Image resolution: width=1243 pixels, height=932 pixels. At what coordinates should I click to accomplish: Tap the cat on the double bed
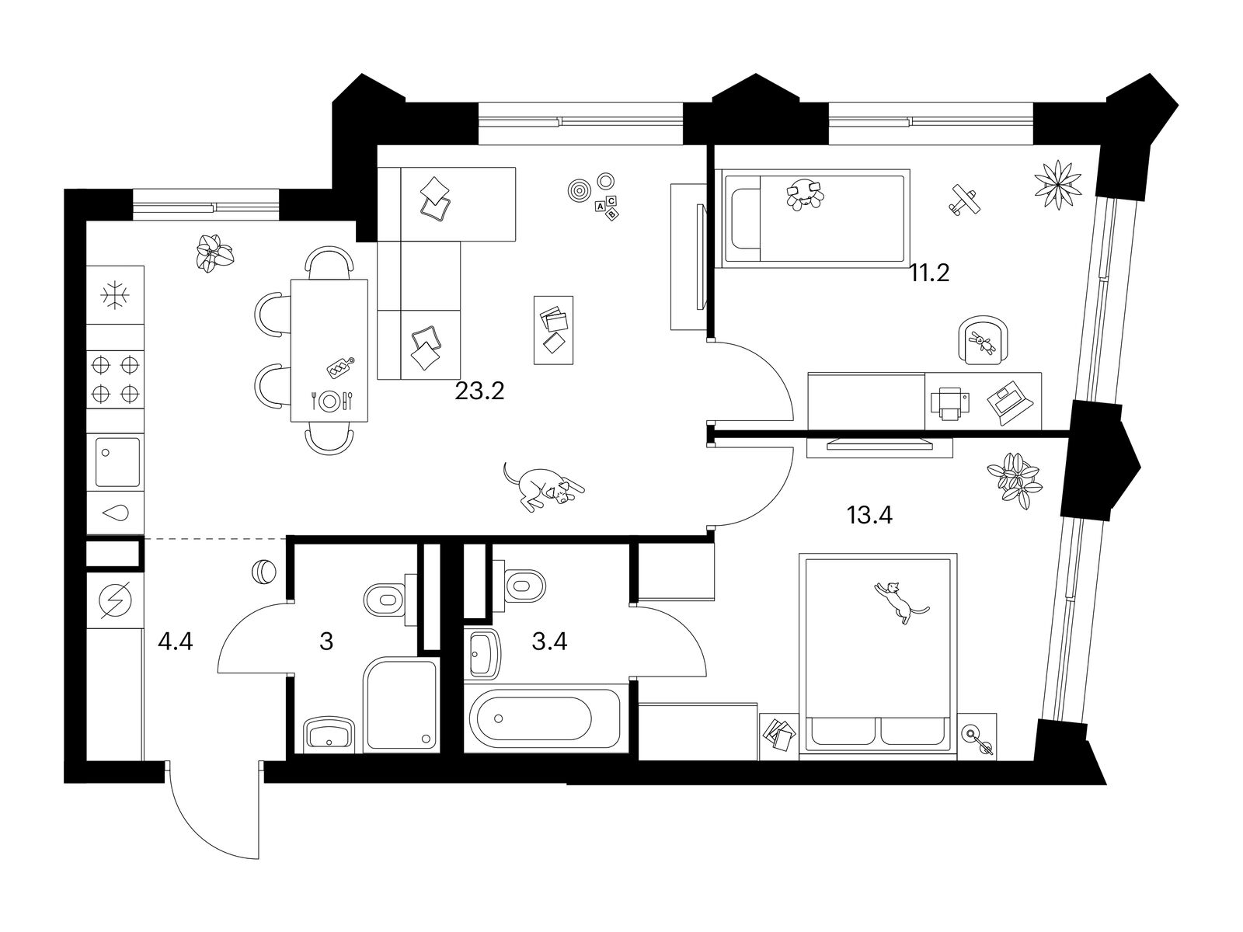coord(900,602)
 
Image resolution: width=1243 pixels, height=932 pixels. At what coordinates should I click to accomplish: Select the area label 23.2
coord(479,391)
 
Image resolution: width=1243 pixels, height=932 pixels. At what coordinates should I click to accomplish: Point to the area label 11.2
coord(929,274)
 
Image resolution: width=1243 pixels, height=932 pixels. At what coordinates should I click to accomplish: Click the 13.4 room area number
coord(869,516)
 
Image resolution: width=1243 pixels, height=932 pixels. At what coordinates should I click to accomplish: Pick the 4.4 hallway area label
coord(176,642)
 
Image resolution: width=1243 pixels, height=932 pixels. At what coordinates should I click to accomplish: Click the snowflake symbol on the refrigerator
coord(115,295)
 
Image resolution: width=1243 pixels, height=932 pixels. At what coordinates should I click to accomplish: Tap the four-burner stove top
coord(115,379)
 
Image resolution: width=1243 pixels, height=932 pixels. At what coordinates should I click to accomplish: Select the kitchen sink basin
coord(117,462)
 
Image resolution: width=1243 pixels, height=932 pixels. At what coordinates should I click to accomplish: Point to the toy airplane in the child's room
coord(965,200)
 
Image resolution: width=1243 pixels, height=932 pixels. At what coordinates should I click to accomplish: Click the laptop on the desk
coord(1010,403)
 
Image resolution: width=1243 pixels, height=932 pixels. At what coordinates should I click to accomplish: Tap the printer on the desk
coord(949,403)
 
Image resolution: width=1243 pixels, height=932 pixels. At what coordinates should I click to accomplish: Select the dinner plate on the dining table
coord(329,402)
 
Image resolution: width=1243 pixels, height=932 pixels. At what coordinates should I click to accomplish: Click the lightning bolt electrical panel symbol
coord(115,600)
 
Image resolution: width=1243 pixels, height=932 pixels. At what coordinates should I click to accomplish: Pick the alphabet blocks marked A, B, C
coord(607,207)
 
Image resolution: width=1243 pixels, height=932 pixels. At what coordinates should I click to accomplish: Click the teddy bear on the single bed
coord(805,195)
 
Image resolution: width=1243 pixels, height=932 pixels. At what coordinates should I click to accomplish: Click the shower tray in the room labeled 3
coord(400,704)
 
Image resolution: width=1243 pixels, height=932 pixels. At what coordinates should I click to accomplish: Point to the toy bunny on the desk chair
coord(983,342)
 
